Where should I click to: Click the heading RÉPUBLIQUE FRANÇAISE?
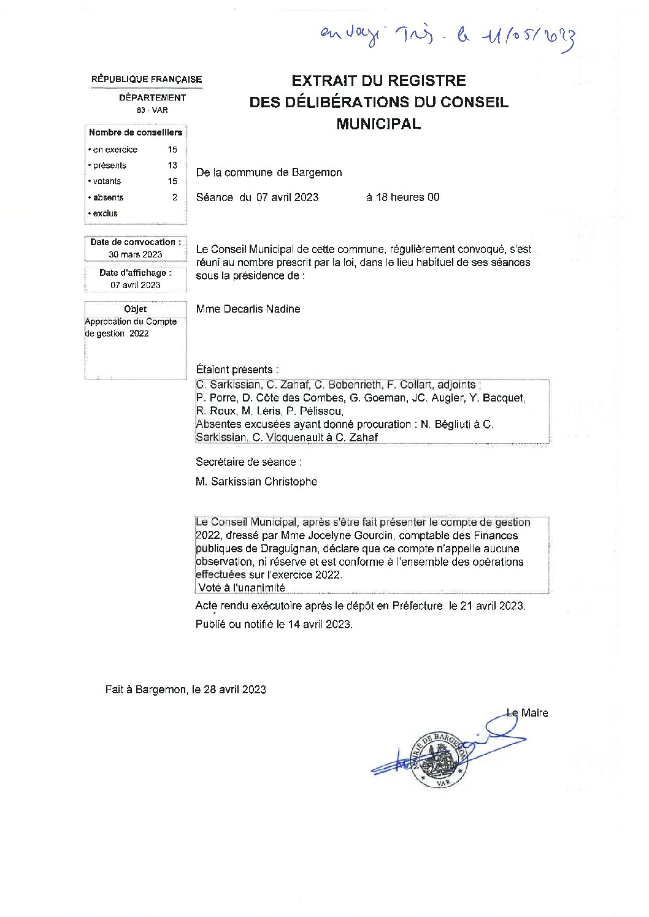coord(147,80)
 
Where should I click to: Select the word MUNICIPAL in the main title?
coord(378,124)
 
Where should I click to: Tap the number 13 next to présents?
coord(172,166)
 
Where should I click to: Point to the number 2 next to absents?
coord(175,197)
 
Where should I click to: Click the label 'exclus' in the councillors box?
coord(105,213)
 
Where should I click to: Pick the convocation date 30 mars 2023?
coord(136,254)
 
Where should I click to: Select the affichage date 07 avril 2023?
coord(136,285)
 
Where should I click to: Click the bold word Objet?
coord(136,309)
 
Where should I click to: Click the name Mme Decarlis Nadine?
coord(248,309)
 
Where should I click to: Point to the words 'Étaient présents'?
coord(236,370)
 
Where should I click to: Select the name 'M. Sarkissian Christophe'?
coord(256,482)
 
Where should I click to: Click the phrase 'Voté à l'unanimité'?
coord(242,587)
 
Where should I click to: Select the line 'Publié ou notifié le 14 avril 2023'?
coord(274,625)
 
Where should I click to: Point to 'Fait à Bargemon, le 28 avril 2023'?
coord(185,690)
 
